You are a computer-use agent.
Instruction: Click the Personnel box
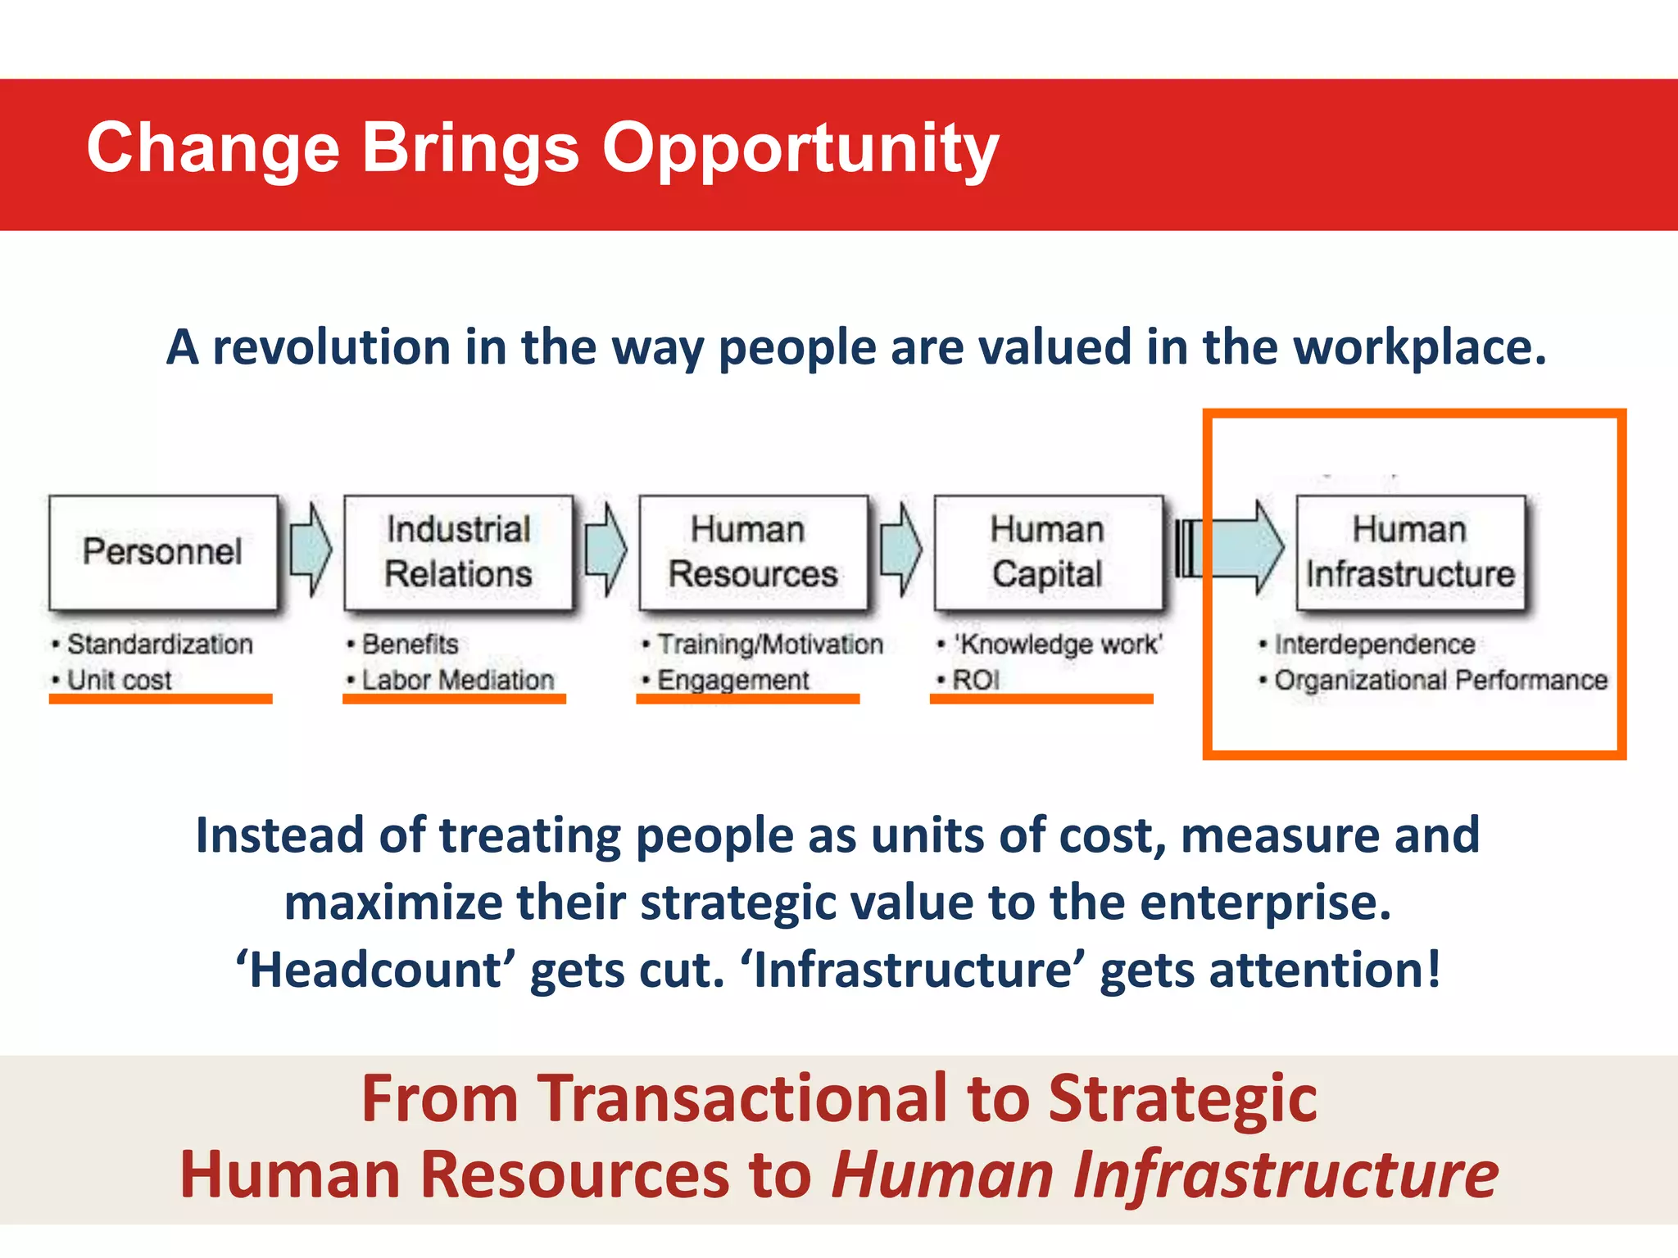coord(163,552)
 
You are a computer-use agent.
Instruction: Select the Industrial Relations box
coord(458,552)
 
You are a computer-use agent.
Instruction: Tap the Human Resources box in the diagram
coord(753,552)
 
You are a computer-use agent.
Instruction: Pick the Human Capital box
coord(1048,552)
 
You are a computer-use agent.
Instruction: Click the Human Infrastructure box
coord(1410,552)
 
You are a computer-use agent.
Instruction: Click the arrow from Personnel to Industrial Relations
coord(311,550)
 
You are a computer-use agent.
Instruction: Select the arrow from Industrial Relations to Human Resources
coord(605,550)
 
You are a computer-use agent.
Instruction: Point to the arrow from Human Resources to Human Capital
coord(900,550)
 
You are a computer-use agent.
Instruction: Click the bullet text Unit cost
coord(119,680)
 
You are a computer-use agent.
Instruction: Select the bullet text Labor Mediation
coord(457,680)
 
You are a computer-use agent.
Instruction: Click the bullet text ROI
coord(975,680)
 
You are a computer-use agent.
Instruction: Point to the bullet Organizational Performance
coord(1440,680)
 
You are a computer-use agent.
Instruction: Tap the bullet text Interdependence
coord(1374,645)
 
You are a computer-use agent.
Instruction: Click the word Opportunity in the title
coord(800,149)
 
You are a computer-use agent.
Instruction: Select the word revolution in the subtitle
coord(331,347)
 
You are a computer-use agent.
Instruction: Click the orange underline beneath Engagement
coord(747,699)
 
